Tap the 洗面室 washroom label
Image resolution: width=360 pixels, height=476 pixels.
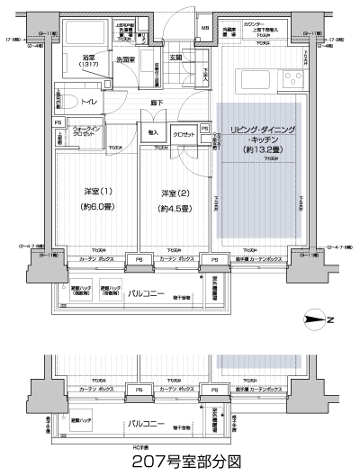click(124, 61)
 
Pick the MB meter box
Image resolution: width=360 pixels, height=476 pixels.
click(205, 27)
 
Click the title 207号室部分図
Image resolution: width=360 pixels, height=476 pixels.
click(179, 462)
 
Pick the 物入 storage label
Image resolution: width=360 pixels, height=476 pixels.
click(152, 131)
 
